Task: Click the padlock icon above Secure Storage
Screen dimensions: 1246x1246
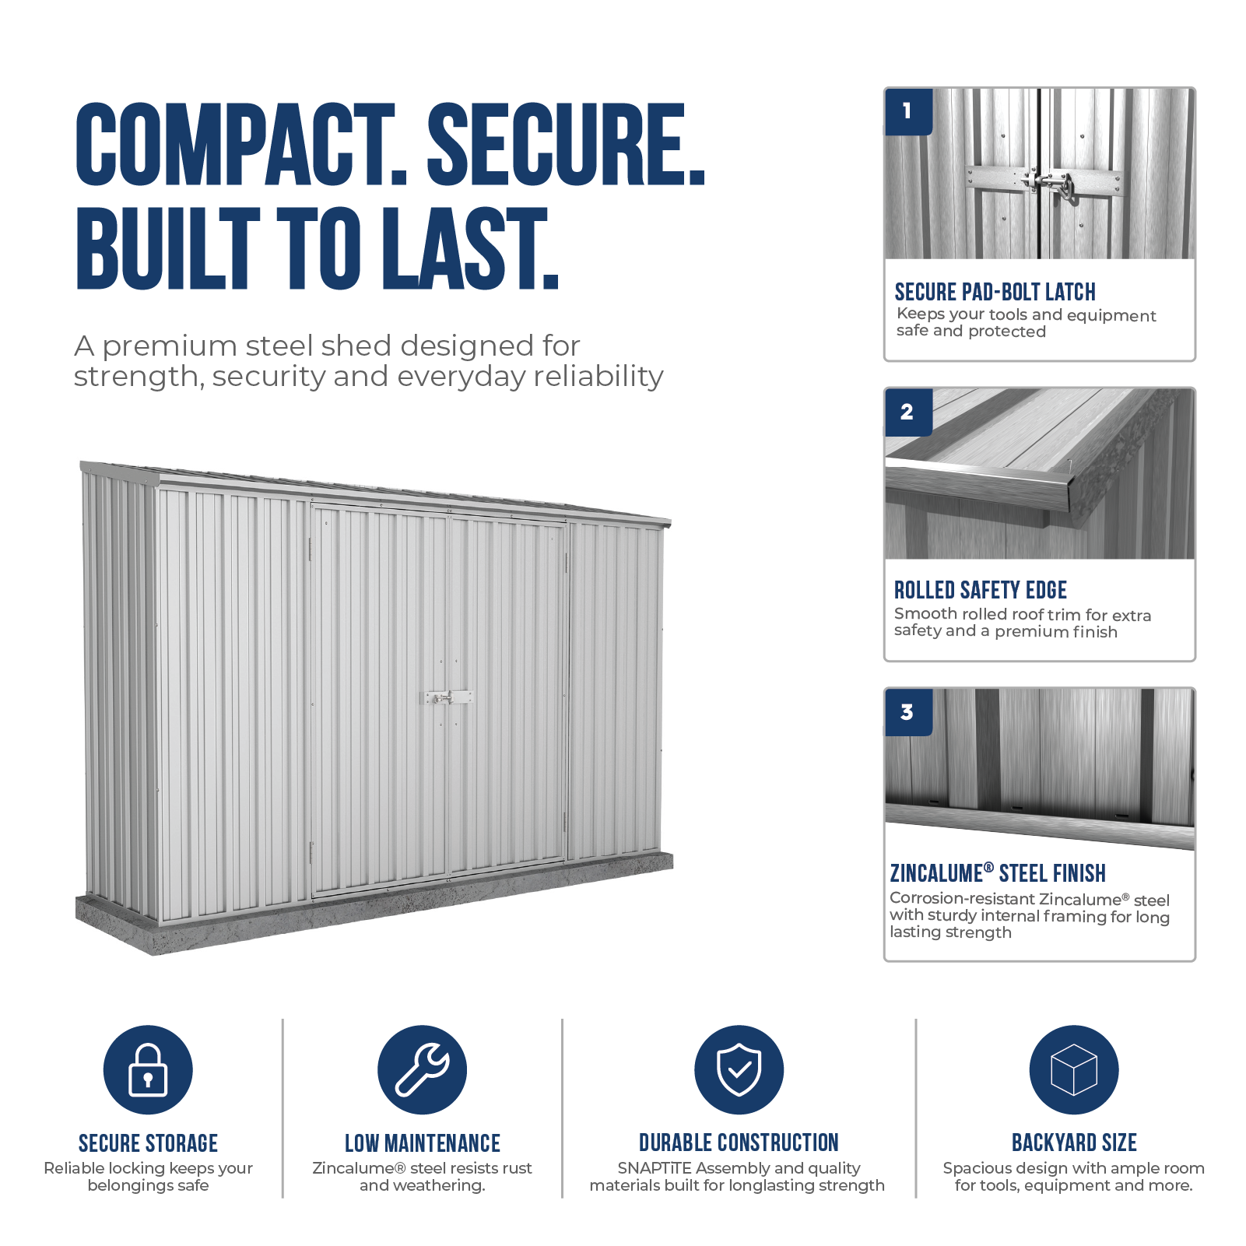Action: click(148, 1069)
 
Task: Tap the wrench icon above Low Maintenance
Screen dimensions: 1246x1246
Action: click(422, 1069)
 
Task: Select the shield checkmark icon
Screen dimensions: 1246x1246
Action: click(739, 1069)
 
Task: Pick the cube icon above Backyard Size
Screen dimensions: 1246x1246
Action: click(1073, 1069)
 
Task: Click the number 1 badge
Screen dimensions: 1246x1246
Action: click(908, 111)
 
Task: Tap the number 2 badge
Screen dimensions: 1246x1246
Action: click(908, 412)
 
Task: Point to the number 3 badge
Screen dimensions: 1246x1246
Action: click(908, 712)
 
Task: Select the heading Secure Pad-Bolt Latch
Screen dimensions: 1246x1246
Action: click(995, 292)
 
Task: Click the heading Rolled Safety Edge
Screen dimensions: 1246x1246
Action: click(980, 590)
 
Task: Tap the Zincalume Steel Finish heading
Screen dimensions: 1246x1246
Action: click(998, 873)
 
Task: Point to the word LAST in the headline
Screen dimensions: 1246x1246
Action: click(470, 248)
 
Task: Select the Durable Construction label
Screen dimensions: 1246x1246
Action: click(739, 1142)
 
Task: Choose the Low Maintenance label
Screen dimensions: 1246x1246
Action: click(423, 1143)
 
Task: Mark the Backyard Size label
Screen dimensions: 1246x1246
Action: click(1074, 1142)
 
